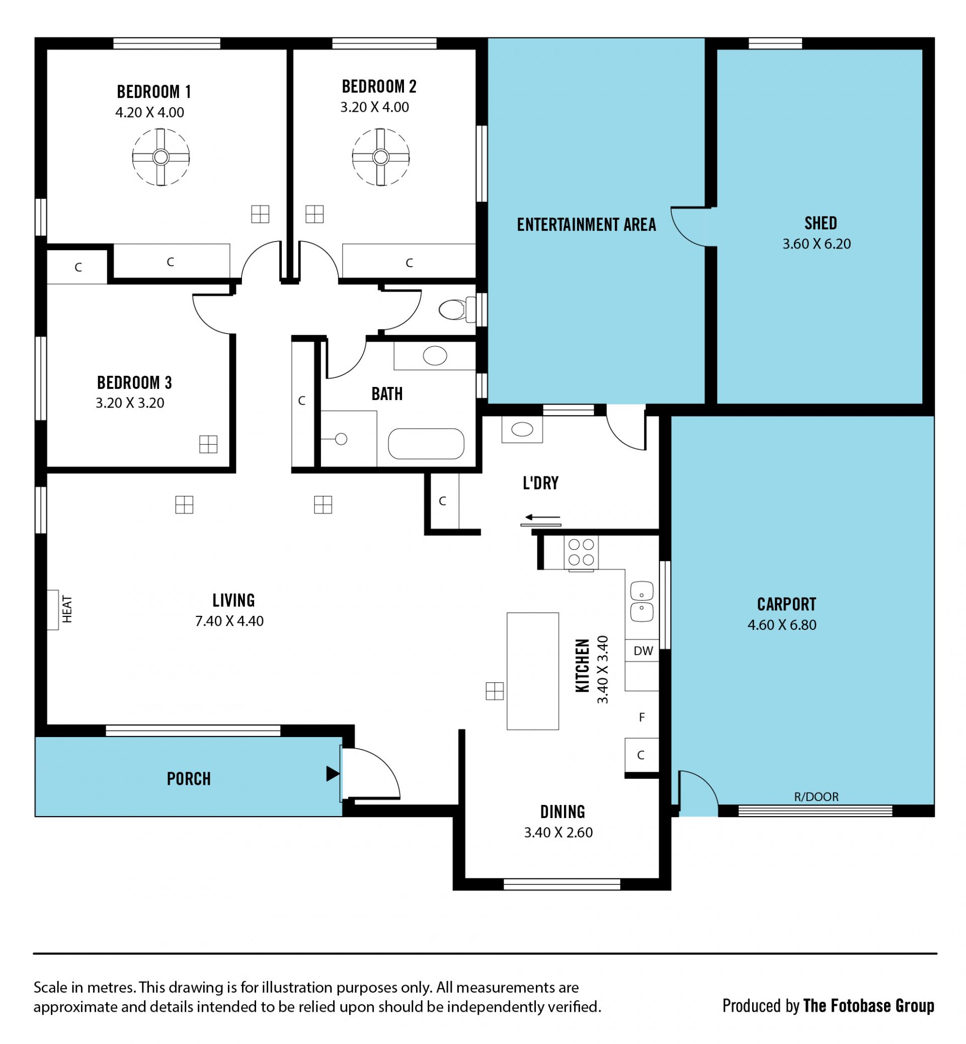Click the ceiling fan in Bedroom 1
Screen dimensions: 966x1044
[160, 157]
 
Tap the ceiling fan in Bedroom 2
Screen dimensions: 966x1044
[380, 157]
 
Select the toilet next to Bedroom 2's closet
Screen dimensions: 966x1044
[457, 309]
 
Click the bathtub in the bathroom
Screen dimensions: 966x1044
[426, 444]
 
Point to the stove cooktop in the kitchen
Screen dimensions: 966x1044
[581, 552]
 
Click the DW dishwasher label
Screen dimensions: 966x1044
[643, 651]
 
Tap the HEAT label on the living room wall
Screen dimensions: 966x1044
[67, 609]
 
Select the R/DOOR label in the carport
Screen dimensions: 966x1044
[816, 797]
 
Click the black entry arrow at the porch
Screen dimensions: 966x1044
[333, 774]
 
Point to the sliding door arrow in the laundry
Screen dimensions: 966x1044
[542, 518]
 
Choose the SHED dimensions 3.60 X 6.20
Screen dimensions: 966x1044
[817, 244]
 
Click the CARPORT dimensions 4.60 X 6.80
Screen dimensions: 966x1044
[782, 625]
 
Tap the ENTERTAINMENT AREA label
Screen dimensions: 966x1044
[587, 225]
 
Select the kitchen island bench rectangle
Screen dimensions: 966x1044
[533, 671]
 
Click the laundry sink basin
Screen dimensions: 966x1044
[522, 430]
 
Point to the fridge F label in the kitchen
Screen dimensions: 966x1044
[642, 718]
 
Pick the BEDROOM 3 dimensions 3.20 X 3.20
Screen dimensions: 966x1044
[130, 403]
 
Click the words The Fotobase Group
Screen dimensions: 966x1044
[869, 1006]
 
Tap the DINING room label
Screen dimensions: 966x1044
[562, 812]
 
